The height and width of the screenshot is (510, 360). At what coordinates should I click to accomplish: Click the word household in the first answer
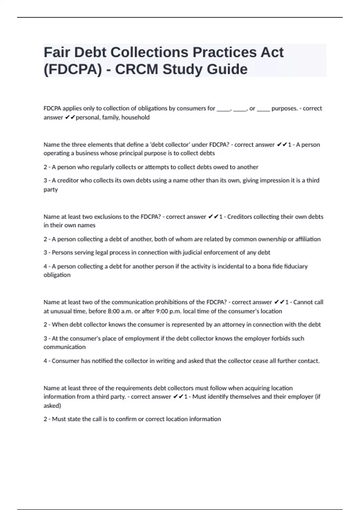tap(135, 118)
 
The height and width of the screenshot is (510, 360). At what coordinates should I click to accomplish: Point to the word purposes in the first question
tap(284, 108)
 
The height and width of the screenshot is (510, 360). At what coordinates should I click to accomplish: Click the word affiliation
tap(308, 239)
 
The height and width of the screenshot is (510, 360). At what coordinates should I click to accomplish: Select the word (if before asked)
tap(317, 397)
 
